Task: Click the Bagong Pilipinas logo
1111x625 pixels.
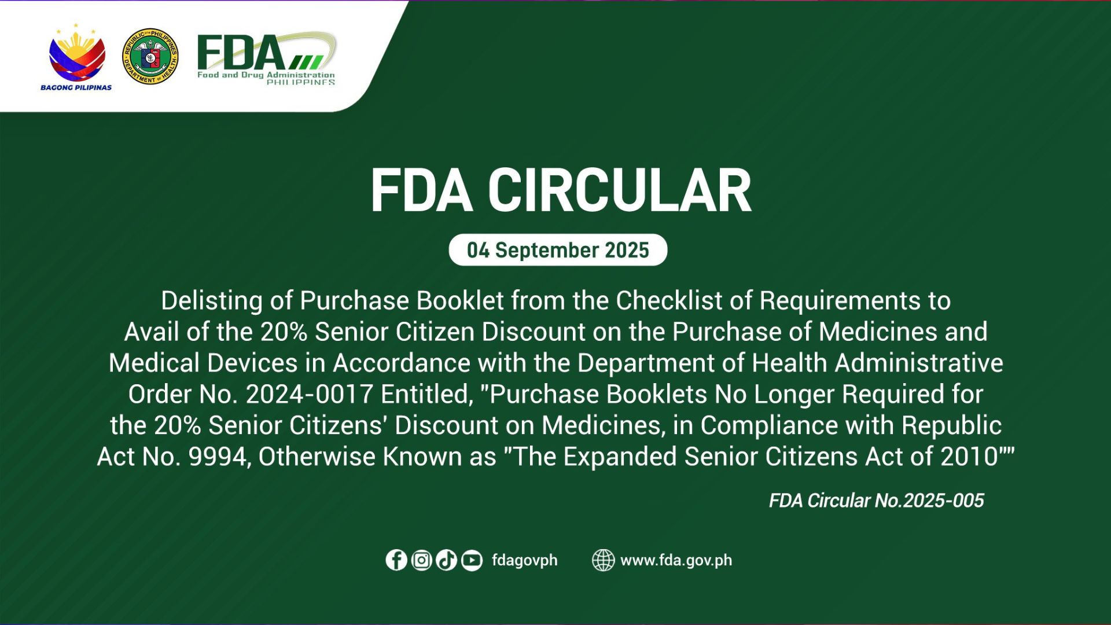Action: coord(76,58)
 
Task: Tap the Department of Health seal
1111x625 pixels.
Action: coord(150,57)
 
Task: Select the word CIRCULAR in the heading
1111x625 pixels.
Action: coord(619,191)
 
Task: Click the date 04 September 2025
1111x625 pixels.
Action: coord(558,250)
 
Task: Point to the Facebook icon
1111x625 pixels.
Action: coord(396,560)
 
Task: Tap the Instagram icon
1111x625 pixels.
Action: coord(422,560)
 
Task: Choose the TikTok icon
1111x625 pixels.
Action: coord(447,560)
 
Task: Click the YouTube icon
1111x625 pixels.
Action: coord(472,560)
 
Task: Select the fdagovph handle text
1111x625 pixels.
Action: coord(524,560)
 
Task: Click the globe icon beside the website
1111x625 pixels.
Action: coord(603,560)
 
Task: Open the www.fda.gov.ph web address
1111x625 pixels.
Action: coord(676,560)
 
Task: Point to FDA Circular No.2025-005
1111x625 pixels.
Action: coord(876,501)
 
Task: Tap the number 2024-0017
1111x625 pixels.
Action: coord(309,395)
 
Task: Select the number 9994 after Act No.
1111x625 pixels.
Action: coord(218,457)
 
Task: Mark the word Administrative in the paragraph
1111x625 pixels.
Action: coord(919,363)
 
